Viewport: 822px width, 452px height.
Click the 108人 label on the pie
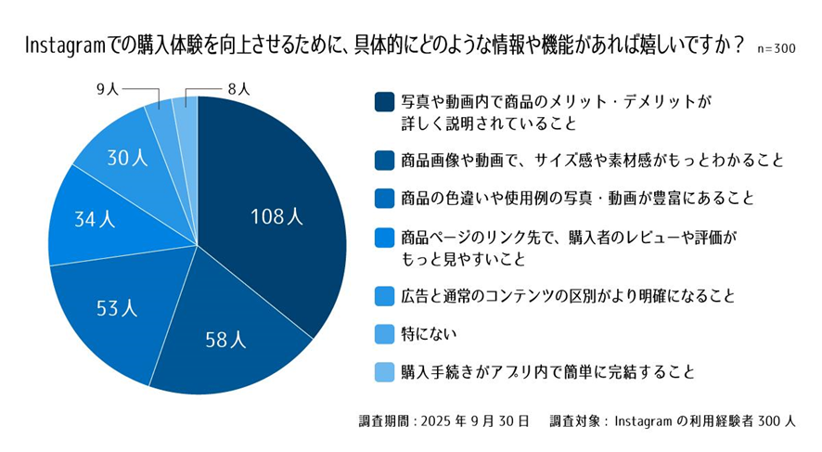[276, 218]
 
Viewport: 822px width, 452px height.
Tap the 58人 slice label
[225, 340]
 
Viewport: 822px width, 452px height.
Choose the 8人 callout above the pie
[238, 89]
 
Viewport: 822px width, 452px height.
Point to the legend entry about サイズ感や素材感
[592, 161]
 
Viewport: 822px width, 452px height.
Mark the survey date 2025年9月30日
[474, 420]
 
